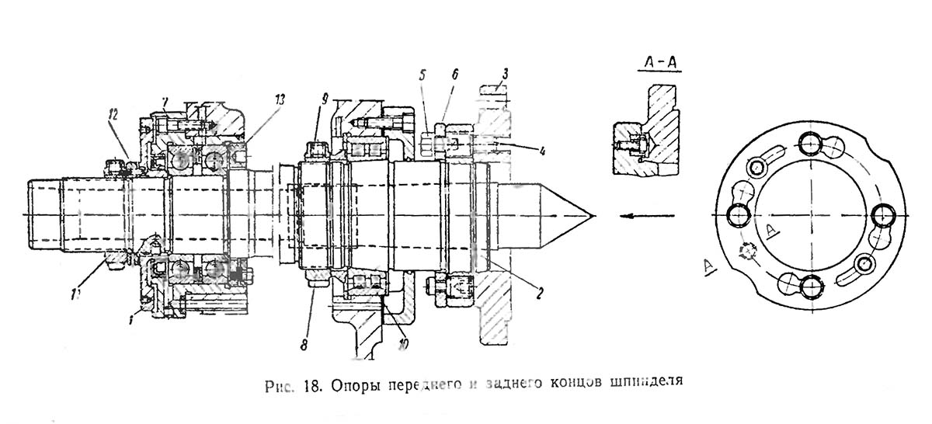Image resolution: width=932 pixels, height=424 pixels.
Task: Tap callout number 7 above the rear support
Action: tap(165, 103)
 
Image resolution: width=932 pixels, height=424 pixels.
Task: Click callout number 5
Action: tap(423, 75)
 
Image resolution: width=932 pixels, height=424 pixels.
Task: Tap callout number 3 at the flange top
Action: tap(506, 75)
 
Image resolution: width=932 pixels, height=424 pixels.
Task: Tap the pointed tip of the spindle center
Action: tap(593, 215)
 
